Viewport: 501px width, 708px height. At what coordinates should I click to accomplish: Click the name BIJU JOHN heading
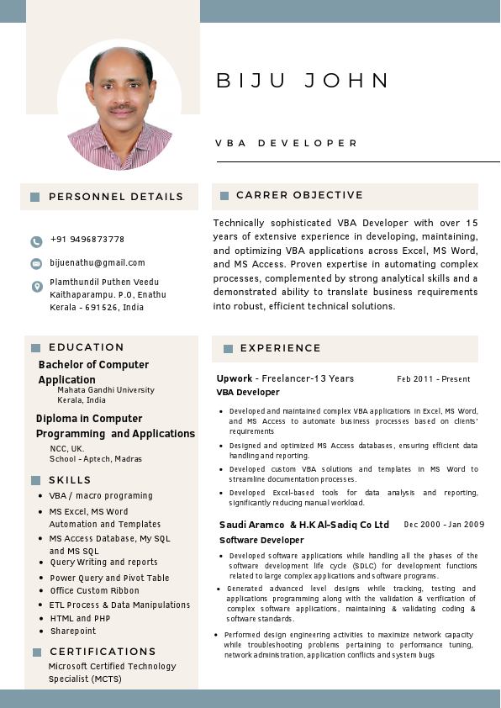303,81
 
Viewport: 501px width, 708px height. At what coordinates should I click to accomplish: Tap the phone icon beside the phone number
36,241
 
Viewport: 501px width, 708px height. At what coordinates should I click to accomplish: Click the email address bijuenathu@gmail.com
98,263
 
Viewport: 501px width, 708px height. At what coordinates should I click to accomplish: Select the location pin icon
36,287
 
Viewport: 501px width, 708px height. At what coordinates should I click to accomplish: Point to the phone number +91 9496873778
87,240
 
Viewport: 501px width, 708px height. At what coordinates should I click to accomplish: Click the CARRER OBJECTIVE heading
299,195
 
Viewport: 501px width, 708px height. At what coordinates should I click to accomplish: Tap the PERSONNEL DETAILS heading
115,197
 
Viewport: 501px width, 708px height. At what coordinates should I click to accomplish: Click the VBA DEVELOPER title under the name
287,144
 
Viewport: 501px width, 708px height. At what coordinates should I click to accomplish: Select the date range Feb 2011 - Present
433,379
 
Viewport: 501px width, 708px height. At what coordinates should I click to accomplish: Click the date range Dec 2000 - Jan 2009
444,525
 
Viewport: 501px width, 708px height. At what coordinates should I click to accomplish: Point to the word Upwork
234,378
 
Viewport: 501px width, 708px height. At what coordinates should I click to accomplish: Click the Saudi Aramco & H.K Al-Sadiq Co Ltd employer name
304,525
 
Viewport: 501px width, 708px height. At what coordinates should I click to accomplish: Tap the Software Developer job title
261,540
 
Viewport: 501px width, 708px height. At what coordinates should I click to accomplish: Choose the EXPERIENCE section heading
280,348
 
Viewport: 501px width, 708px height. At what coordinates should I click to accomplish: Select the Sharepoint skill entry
73,631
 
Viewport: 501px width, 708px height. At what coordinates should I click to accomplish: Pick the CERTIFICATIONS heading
103,652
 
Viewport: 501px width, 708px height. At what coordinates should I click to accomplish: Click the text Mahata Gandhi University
106,390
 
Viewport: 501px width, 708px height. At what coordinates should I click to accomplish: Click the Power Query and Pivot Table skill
109,578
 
